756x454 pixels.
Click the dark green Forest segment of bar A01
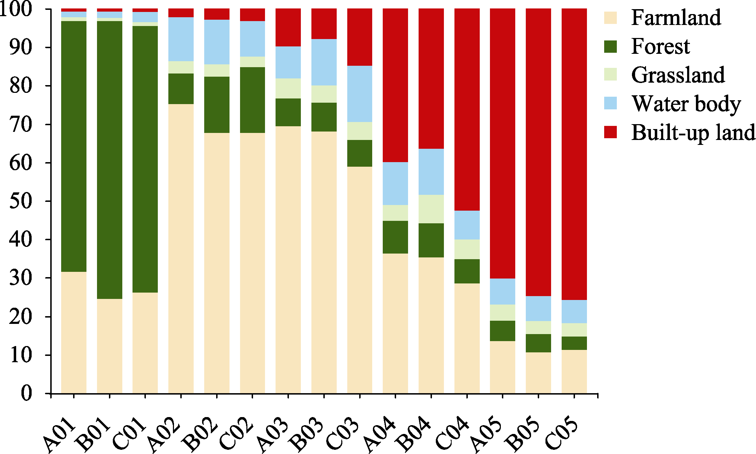pyautogui.click(x=74, y=146)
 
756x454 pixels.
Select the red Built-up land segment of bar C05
pyautogui.click(x=574, y=154)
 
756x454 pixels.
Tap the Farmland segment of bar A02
pyautogui.click(x=181, y=248)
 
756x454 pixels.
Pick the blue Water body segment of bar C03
pyautogui.click(x=360, y=94)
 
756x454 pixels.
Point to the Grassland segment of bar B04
pyautogui.click(x=431, y=209)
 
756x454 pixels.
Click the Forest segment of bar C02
pyautogui.click(x=252, y=100)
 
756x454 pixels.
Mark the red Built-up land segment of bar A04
pyautogui.click(x=395, y=85)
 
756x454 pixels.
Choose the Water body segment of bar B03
pyautogui.click(x=324, y=62)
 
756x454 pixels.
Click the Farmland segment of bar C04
pyautogui.click(x=467, y=338)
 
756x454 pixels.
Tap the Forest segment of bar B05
pyautogui.click(x=538, y=343)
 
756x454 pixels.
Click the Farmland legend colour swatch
pyautogui.click(x=610, y=18)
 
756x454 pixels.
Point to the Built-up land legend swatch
pyautogui.click(x=610, y=132)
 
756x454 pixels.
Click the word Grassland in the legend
pyautogui.click(x=678, y=75)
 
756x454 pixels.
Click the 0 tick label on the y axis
pyautogui.click(x=27, y=393)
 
